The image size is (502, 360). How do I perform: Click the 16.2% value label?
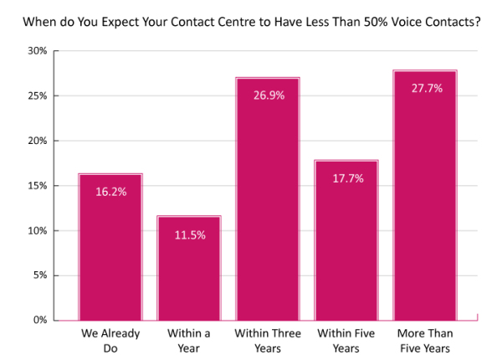pos(110,192)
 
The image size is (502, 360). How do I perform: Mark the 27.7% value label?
pos(426,88)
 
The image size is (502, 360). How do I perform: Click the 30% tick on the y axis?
pos(37,51)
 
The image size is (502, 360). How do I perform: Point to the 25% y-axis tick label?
pos(37,96)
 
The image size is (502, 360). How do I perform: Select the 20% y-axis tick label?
pos(37,141)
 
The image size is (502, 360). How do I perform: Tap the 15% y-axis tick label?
pos(37,186)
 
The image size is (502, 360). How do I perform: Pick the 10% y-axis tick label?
pos(37,230)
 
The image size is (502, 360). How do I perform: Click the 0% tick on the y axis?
pos(40,320)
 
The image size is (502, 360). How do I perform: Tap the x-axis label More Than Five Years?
pos(426,340)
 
